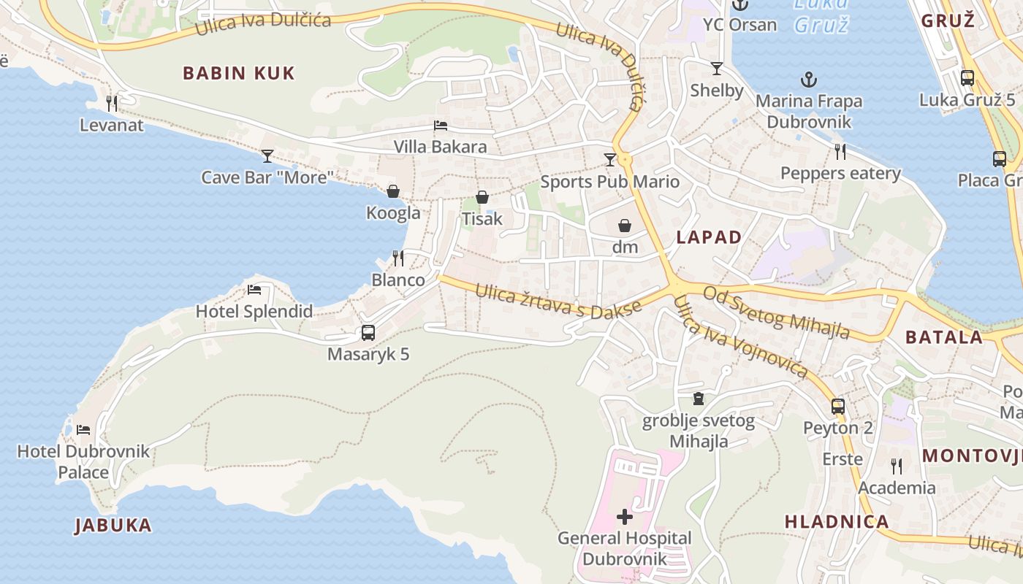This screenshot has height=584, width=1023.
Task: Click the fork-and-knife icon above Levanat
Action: [x=112, y=103]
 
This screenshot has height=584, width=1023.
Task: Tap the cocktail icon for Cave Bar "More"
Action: [x=267, y=155]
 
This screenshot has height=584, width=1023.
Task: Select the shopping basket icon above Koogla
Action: [x=393, y=191]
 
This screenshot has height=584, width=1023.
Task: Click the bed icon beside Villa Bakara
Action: [x=441, y=125]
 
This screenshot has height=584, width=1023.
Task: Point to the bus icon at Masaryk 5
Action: [x=368, y=333]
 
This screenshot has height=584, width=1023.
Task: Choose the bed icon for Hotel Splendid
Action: [x=254, y=290]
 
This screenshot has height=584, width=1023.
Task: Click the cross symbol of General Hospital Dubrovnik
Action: [x=625, y=517]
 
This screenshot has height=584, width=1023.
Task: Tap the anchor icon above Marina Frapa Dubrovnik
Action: [x=809, y=79]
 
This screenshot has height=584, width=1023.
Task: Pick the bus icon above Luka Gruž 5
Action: [x=967, y=78]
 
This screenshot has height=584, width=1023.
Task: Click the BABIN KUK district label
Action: [x=239, y=73]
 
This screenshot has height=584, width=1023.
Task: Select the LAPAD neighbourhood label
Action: [x=709, y=237]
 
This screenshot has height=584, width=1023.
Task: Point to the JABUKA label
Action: [x=113, y=525]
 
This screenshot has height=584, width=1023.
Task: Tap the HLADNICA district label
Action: [x=837, y=521]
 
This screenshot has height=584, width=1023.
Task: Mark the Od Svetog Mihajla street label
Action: [x=777, y=312]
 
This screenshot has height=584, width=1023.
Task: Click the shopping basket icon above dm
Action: [x=625, y=226]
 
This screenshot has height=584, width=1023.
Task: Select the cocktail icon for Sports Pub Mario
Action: [x=610, y=159]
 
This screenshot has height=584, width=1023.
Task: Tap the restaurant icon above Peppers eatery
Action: [x=840, y=152]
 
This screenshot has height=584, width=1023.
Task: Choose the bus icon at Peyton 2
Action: [x=838, y=406]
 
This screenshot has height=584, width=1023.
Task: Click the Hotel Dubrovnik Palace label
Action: [x=83, y=461]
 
